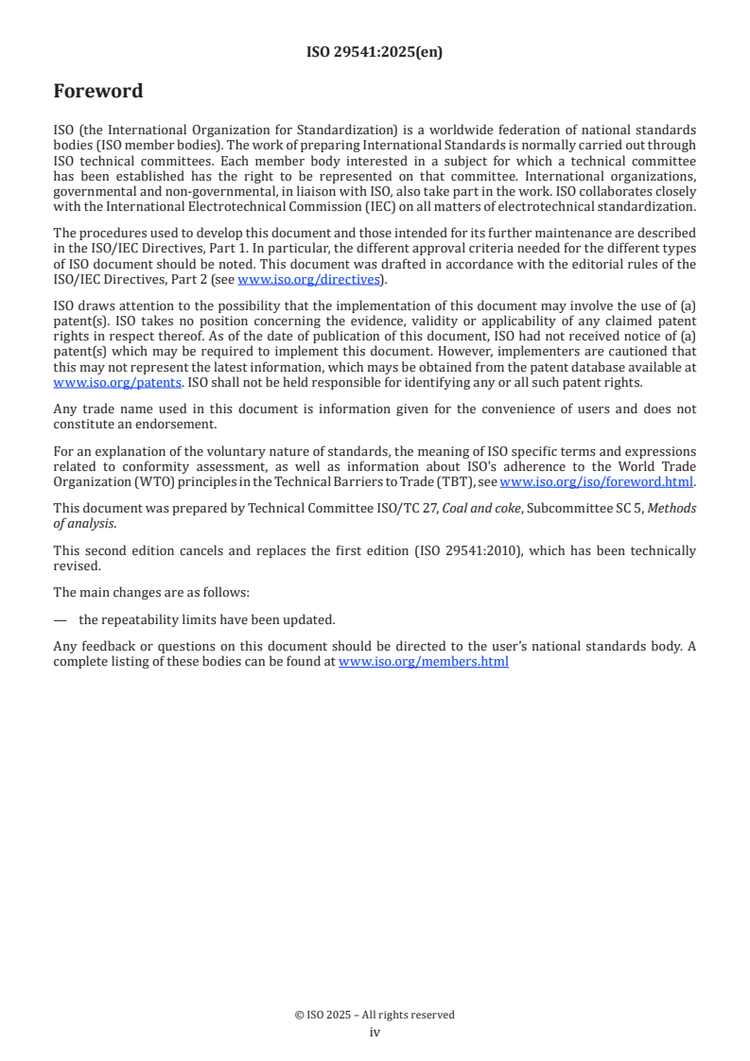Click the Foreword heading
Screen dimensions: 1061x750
[98, 92]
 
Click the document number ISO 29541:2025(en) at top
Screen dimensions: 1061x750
[375, 53]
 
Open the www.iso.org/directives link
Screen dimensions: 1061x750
[308, 279]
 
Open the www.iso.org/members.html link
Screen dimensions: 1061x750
[424, 662]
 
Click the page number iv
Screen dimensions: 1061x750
[375, 1032]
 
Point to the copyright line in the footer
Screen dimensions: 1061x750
[375, 1015]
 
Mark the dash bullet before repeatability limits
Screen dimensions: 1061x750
[61, 620]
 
